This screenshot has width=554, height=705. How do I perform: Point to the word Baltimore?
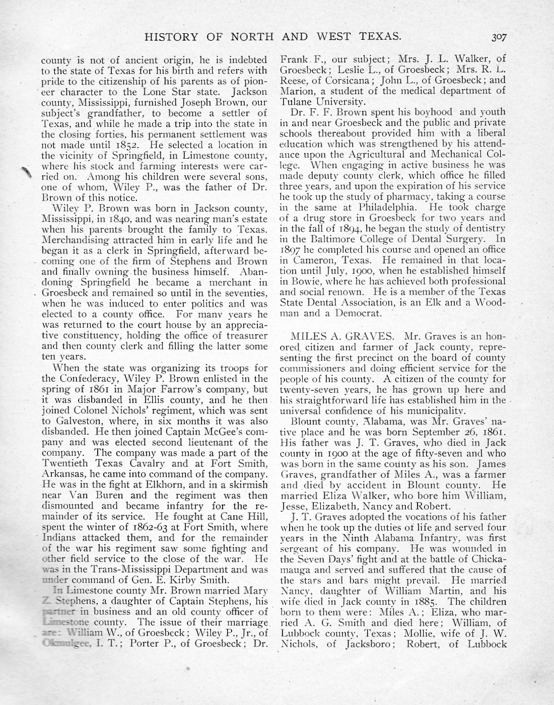(324, 239)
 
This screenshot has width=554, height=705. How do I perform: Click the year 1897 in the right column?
(291, 249)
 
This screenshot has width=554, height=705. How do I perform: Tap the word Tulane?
(299, 101)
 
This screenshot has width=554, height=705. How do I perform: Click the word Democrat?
(356, 313)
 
